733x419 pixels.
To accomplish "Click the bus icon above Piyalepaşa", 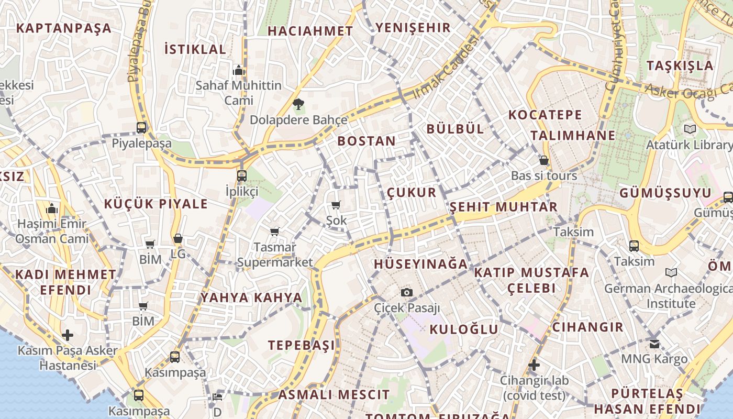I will (141, 127).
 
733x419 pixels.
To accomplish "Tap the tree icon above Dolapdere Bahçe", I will (298, 104).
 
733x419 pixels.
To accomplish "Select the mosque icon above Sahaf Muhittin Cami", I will (239, 70).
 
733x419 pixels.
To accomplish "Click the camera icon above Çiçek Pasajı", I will (407, 292).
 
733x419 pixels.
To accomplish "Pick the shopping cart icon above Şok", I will (336, 205).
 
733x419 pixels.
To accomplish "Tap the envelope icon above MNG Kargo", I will (654, 344).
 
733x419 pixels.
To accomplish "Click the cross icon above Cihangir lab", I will (534, 365).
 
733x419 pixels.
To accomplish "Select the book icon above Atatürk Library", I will (690, 129).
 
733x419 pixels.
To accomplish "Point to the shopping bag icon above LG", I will (178, 239).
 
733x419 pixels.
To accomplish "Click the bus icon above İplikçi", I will (241, 175).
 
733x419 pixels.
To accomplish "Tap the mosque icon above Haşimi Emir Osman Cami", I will (51, 209).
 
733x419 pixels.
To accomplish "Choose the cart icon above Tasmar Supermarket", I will (274, 231).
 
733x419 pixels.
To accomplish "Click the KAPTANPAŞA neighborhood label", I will (64, 28).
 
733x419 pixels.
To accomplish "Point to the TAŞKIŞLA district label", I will (680, 66).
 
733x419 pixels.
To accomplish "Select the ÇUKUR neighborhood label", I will (412, 192).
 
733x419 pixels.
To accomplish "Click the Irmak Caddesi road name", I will (446, 67).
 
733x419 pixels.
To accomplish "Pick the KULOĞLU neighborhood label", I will (464, 329).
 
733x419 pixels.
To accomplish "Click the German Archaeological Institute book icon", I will (671, 272).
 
